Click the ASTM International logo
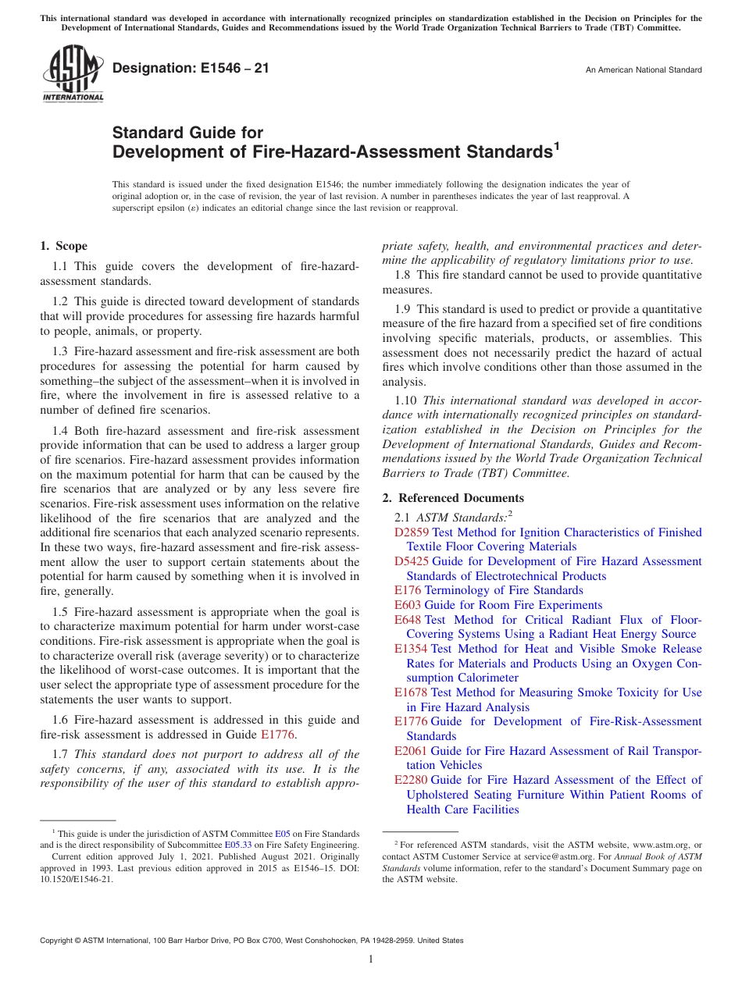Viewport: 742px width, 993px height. (x=73, y=73)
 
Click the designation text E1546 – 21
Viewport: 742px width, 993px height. (x=191, y=69)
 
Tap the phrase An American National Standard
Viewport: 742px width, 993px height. (x=644, y=70)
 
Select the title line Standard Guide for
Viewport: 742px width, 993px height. (x=187, y=132)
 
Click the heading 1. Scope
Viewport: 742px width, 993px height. (x=64, y=246)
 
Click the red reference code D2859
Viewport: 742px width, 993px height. (x=412, y=532)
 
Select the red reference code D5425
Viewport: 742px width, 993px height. (x=412, y=561)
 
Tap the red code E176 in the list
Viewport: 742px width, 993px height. (x=408, y=590)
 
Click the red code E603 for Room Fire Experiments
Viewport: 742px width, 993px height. (x=408, y=605)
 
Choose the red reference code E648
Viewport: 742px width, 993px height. (x=408, y=620)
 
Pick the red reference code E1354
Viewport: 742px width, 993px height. (x=411, y=649)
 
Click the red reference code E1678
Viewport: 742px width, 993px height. (x=411, y=692)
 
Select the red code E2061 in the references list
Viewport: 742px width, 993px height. (x=411, y=751)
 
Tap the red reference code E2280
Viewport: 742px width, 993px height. (x=411, y=780)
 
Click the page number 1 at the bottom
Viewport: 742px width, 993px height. (x=371, y=959)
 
